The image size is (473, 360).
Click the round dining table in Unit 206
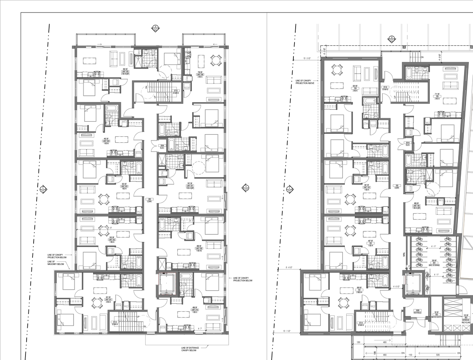point(215,60)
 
